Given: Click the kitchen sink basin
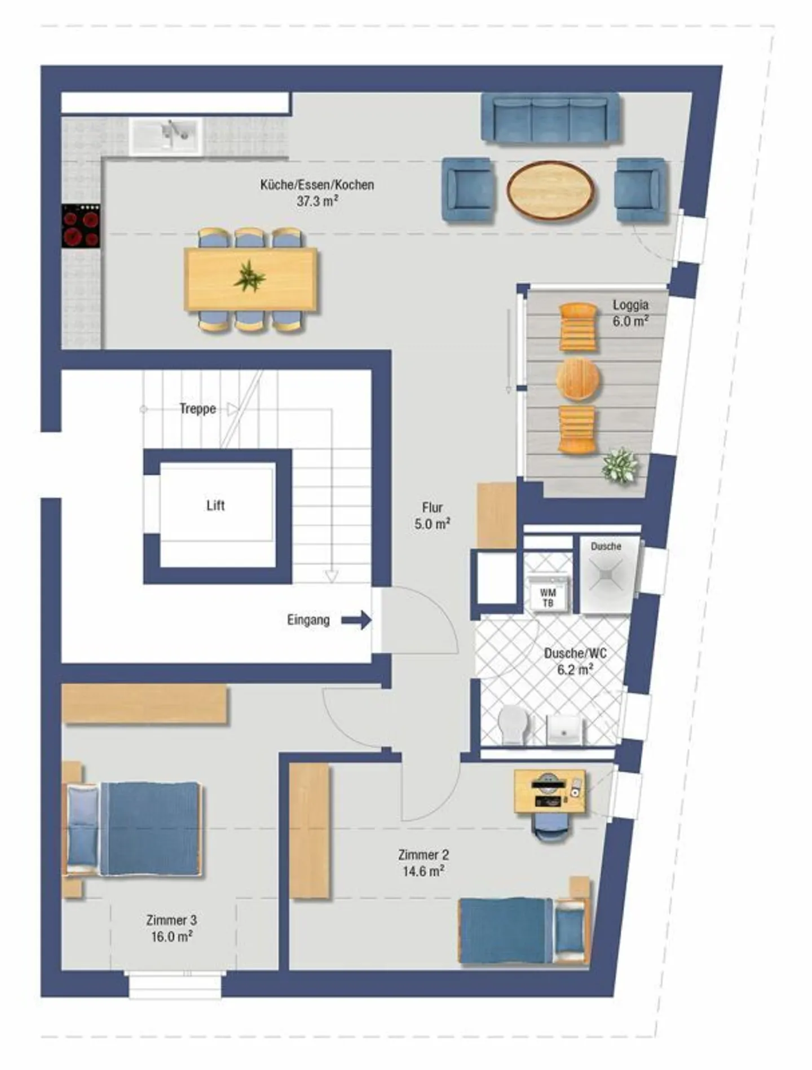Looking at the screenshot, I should pos(165,135).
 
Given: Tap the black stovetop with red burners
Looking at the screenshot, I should pos(81,226).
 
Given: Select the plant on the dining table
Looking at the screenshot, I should pos(249,277).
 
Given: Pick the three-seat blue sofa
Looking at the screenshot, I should pos(550,118).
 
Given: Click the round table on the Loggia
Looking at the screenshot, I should pos(577,379).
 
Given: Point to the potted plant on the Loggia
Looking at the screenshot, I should pos(620,466).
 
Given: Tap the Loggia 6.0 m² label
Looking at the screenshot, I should pos(630,313).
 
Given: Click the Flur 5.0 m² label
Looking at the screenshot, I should pos(432,516).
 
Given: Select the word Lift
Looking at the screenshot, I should pos(215,505).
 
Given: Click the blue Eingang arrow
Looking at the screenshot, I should pos(357,620).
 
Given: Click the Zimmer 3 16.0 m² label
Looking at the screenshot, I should pos(171,928).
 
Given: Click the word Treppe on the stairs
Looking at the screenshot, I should pos(197,409).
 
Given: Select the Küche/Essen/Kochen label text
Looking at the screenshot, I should pos(317,185).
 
